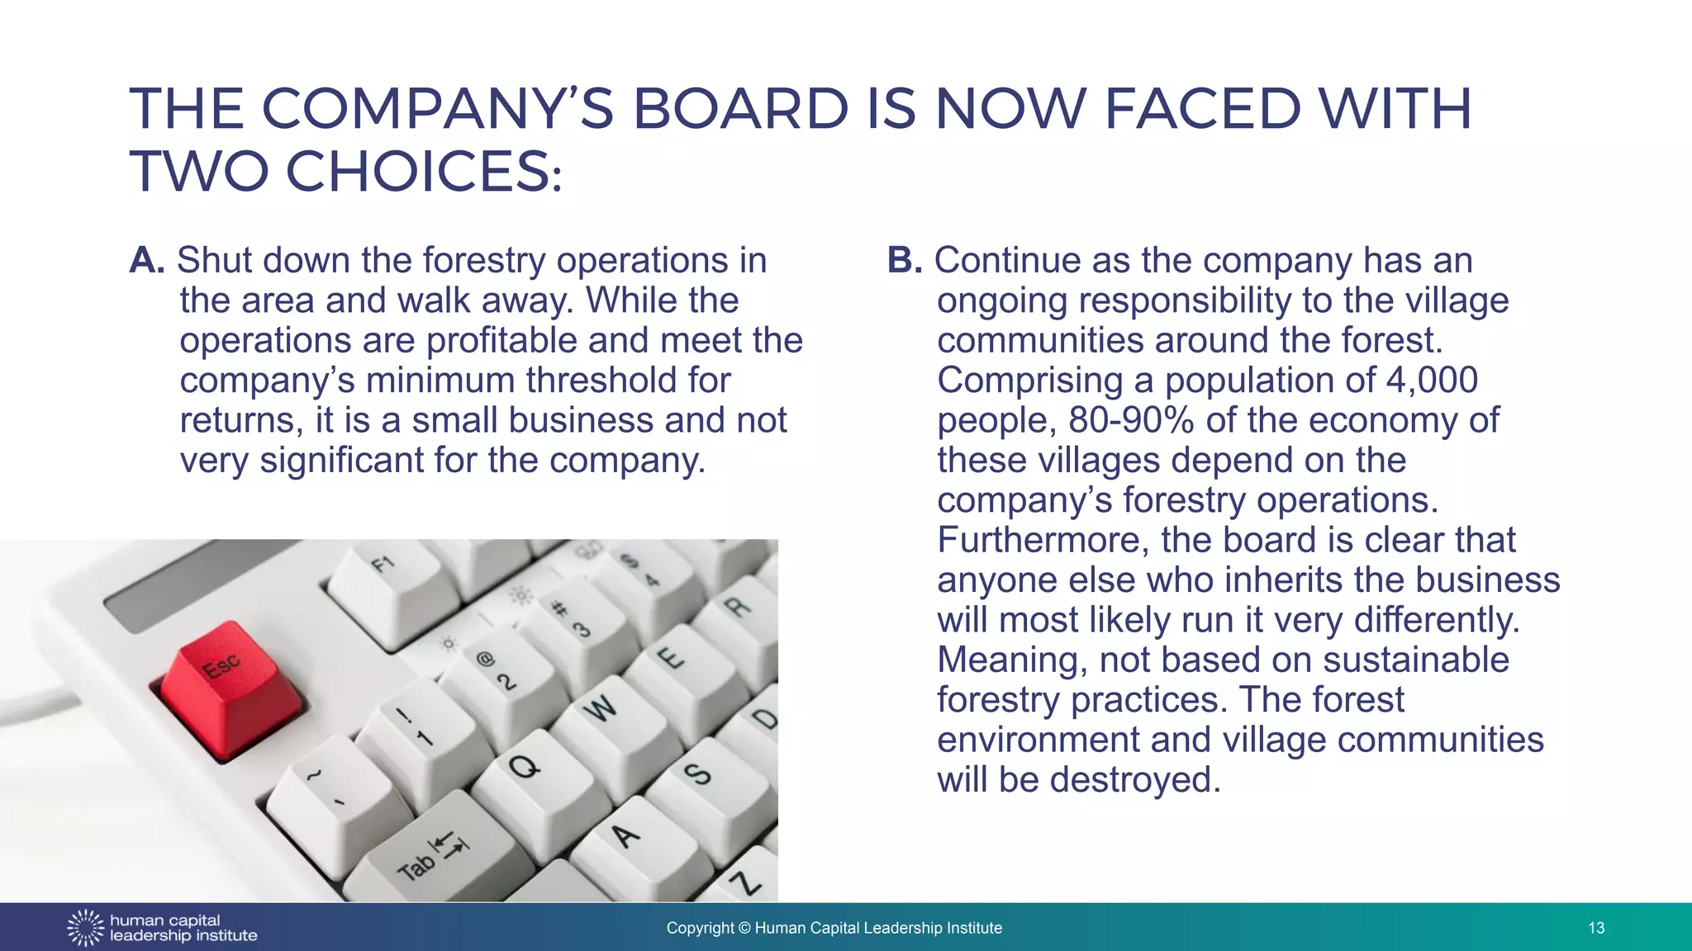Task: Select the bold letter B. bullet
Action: coord(904,261)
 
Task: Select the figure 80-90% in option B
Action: coord(1131,420)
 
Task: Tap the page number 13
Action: coord(1596,928)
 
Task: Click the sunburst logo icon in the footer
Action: coord(85,928)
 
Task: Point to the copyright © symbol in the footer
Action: coord(744,928)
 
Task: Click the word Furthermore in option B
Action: coord(1043,540)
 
